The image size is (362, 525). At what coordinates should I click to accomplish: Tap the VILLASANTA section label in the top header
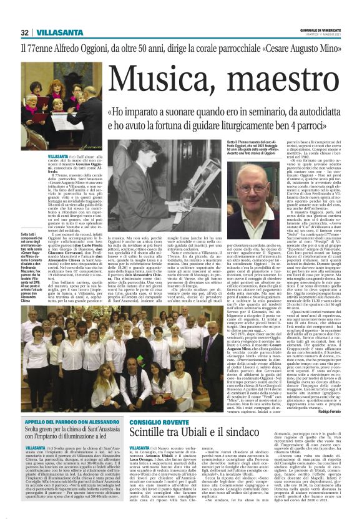[x=52, y=16]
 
